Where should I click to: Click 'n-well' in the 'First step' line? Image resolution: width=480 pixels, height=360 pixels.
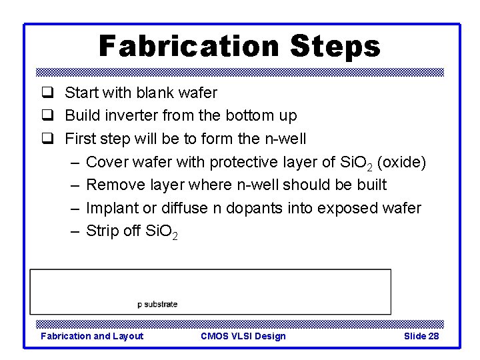click(x=285, y=139)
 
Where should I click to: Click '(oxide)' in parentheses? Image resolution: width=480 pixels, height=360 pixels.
click(x=401, y=162)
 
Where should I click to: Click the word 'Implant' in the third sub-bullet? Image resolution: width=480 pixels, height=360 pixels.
click(x=113, y=208)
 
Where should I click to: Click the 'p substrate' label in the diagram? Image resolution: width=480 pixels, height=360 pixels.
click(x=157, y=304)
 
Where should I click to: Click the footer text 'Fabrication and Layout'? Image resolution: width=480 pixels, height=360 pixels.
click(x=92, y=336)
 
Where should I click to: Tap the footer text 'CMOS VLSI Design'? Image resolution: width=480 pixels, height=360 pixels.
click(x=243, y=336)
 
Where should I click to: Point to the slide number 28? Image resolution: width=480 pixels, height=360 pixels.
click(x=433, y=336)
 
